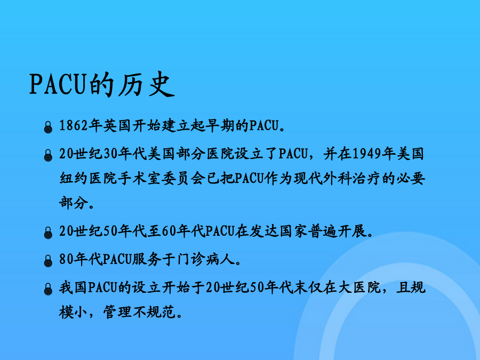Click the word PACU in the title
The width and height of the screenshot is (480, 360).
[57, 84]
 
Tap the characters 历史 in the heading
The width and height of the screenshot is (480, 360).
[147, 84]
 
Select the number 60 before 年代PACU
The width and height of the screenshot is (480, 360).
[169, 231]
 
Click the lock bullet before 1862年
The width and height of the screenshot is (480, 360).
[48, 127]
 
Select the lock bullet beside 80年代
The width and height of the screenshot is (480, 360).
[48, 261]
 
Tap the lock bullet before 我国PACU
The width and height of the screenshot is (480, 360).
[48, 289]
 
